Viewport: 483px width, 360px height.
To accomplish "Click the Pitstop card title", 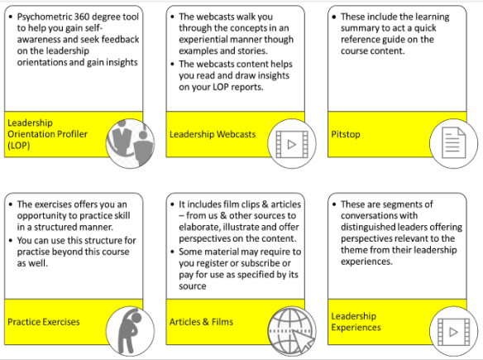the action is coord(346,134).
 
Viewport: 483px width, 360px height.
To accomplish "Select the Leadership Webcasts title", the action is coord(213,134).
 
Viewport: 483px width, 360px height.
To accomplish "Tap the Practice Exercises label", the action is coord(44,322).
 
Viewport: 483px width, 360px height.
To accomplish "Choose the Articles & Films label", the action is coord(201,322).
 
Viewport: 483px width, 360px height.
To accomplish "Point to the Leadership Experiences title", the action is coord(356,321).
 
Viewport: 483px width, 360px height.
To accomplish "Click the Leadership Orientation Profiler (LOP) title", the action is coord(47,134).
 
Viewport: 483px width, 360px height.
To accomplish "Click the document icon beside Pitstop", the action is coord(454,143).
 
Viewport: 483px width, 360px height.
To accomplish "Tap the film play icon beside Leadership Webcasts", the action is coord(292,144).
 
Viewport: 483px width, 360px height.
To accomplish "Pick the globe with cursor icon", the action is coord(292,331).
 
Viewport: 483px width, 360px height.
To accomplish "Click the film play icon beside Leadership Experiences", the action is coord(454,332).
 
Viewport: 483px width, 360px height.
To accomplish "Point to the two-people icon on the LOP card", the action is coord(131,143).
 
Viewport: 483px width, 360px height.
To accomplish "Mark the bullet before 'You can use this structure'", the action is coord(11,240).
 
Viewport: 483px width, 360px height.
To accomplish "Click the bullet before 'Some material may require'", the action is coord(173,252).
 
